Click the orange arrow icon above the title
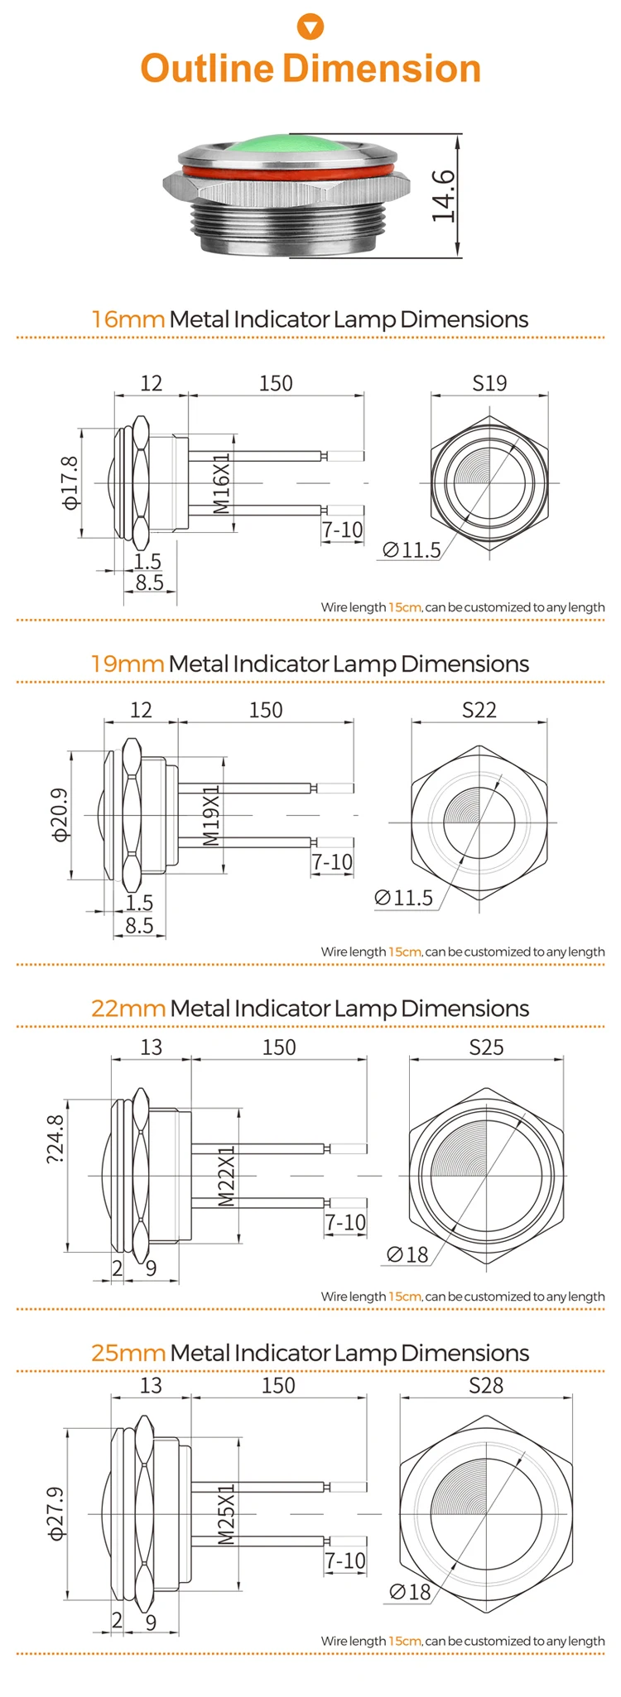tap(310, 27)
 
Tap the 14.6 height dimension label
tap(444, 196)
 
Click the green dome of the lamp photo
tap(286, 150)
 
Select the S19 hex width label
tap(489, 383)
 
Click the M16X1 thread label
tap(222, 483)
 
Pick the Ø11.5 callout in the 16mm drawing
tap(412, 549)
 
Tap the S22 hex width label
tap(479, 710)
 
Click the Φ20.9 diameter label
tap(60, 815)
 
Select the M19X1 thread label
tap(211, 815)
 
